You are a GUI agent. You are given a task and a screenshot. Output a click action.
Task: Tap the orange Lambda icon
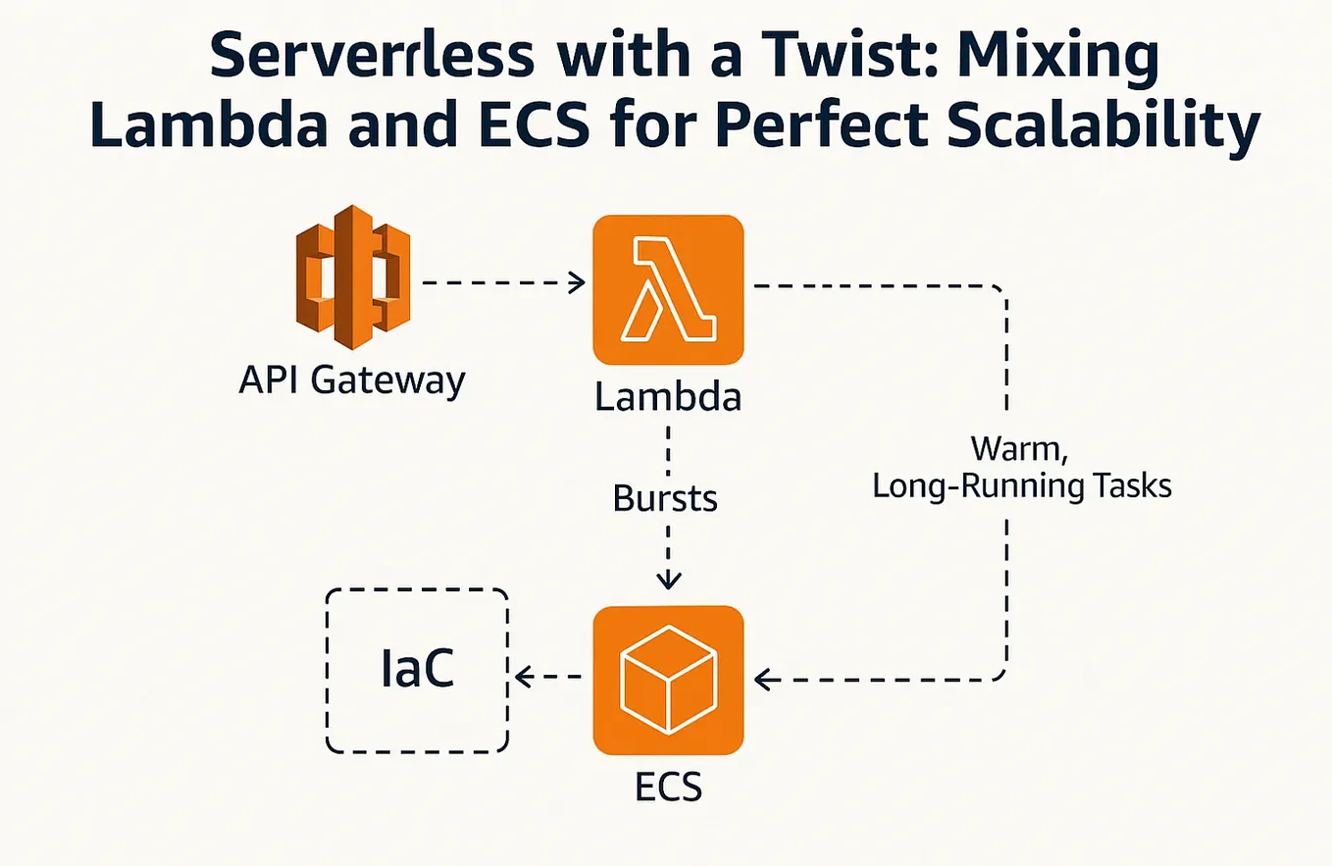click(668, 290)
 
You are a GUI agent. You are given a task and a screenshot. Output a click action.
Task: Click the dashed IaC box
click(417, 671)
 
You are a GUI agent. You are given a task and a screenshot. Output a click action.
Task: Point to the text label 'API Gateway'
click(351, 380)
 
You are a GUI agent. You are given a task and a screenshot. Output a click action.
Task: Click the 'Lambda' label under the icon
click(668, 397)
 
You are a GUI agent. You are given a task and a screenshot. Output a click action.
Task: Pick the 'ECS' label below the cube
click(668, 787)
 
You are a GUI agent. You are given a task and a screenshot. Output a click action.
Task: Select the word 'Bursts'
click(666, 498)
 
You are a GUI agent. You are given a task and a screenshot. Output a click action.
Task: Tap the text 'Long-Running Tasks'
click(1023, 485)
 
